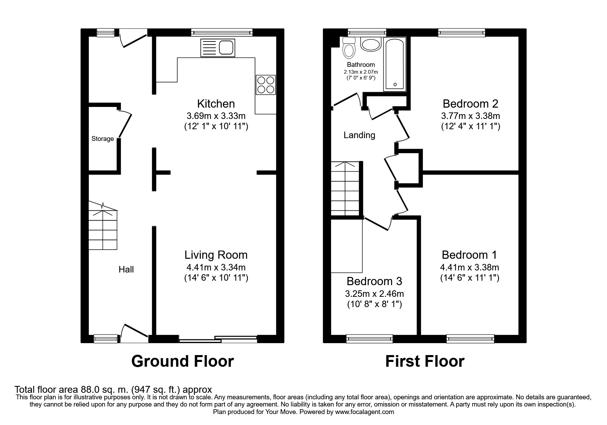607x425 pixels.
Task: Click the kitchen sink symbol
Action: coord(217,48)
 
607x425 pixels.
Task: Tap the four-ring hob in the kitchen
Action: coord(266,85)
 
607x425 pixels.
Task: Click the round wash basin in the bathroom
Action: coord(371,45)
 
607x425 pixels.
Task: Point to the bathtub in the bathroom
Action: coord(394,64)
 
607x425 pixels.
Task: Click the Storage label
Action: coord(102,139)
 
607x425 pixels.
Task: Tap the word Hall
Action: coord(126,270)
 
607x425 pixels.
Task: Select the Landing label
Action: coord(359,135)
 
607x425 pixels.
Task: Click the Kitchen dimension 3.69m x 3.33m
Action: coord(216,116)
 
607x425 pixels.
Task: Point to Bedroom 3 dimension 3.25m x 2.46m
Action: coord(374,294)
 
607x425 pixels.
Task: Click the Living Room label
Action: coord(216,255)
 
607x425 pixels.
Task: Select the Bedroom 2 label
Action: coord(470,104)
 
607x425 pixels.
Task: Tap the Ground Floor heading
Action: coord(182,361)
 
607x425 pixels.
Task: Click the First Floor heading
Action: coord(425,361)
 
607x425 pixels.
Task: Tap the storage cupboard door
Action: coord(125,124)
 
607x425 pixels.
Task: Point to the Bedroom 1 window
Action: coord(470,339)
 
